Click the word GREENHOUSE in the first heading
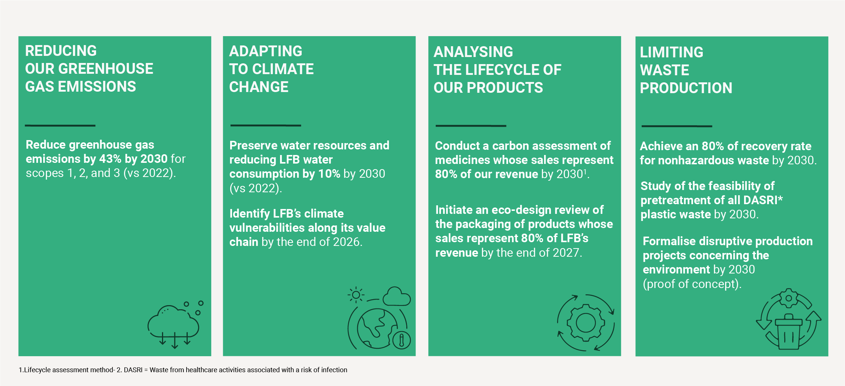pos(105,69)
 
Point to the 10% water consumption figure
pos(329,174)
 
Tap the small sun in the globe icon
pos(356,295)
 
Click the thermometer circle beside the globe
pos(401,340)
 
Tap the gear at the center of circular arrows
pos(585,323)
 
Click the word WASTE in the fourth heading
pos(664,70)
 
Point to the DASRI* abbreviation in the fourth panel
pos(763,200)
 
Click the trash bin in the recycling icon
pos(788,333)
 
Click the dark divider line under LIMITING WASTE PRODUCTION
pos(677,126)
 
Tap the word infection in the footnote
pos(334,370)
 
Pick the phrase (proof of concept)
pos(692,284)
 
